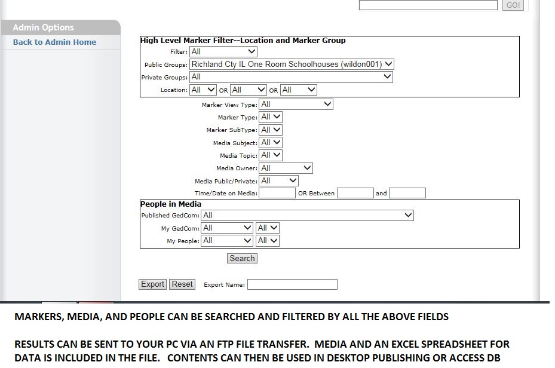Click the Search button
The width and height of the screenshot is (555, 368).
coord(242,258)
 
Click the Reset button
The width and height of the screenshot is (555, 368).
coord(182,284)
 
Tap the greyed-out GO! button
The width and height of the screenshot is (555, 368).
coord(513,5)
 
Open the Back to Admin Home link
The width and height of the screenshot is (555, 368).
coord(54,42)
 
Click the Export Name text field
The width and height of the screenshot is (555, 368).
coord(292,284)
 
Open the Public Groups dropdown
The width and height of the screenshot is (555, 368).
coord(292,64)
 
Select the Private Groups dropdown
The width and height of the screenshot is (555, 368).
coord(291,77)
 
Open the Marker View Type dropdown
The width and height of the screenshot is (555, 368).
coord(296,105)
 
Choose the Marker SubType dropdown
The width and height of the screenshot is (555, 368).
coord(271,130)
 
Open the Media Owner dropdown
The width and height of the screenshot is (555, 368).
coord(286,168)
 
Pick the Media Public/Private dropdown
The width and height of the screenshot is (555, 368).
coord(279,181)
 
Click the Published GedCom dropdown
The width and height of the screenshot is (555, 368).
coord(307,215)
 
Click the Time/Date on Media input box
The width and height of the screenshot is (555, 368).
coord(277,193)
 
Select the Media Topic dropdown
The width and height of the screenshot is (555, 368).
coord(271,155)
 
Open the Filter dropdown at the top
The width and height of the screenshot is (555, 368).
coord(223,51)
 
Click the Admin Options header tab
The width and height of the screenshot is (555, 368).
coord(60,27)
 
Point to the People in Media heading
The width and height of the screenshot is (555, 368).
coord(171,204)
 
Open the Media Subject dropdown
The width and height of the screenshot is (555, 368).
coord(271,143)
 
